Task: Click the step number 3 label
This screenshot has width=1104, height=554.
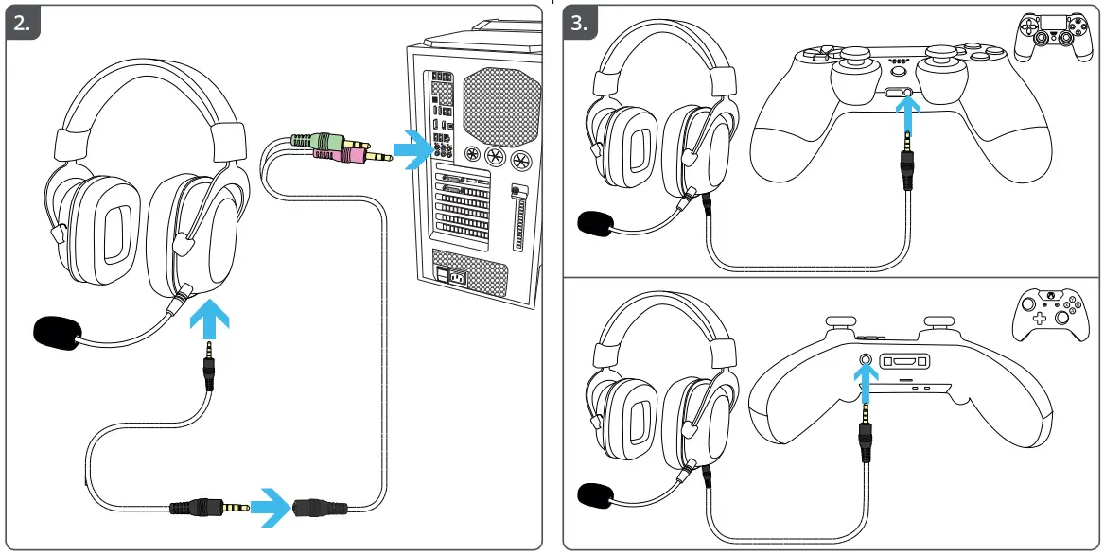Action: [x=581, y=24]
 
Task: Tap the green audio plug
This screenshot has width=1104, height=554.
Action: [x=326, y=143]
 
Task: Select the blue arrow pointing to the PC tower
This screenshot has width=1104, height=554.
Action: [x=412, y=148]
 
